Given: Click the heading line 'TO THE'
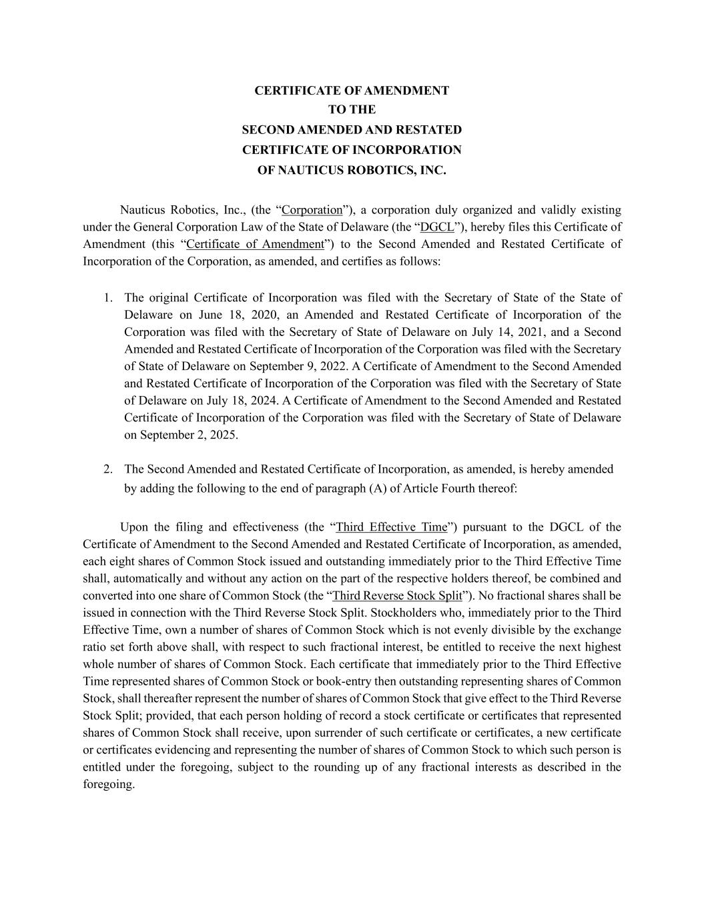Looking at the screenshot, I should pyautogui.click(x=352, y=109).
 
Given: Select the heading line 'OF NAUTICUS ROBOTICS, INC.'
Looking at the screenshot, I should pyautogui.click(x=352, y=170).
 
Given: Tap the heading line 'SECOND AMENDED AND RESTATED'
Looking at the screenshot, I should pyautogui.click(x=352, y=129).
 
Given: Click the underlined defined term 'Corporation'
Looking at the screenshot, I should pyautogui.click(x=312, y=210).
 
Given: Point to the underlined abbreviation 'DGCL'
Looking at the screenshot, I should pyautogui.click(x=437, y=227).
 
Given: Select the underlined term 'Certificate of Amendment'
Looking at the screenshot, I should pyautogui.click(x=255, y=244).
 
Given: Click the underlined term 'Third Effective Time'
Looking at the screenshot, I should pyautogui.click(x=392, y=527).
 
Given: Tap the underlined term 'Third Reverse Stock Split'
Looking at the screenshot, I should pyautogui.click(x=397, y=596).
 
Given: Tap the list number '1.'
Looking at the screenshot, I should pyautogui.click(x=108, y=297).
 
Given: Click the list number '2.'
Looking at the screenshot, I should pyautogui.click(x=108, y=469).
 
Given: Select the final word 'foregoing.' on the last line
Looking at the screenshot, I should pyautogui.click(x=109, y=784).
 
